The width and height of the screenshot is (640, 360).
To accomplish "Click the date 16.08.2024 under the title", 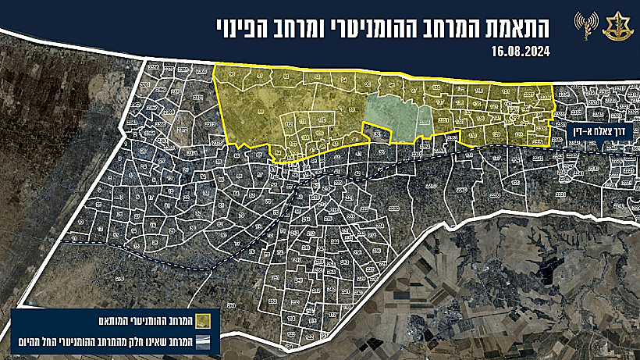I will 521,53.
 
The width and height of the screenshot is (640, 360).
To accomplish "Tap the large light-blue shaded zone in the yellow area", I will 390,118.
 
